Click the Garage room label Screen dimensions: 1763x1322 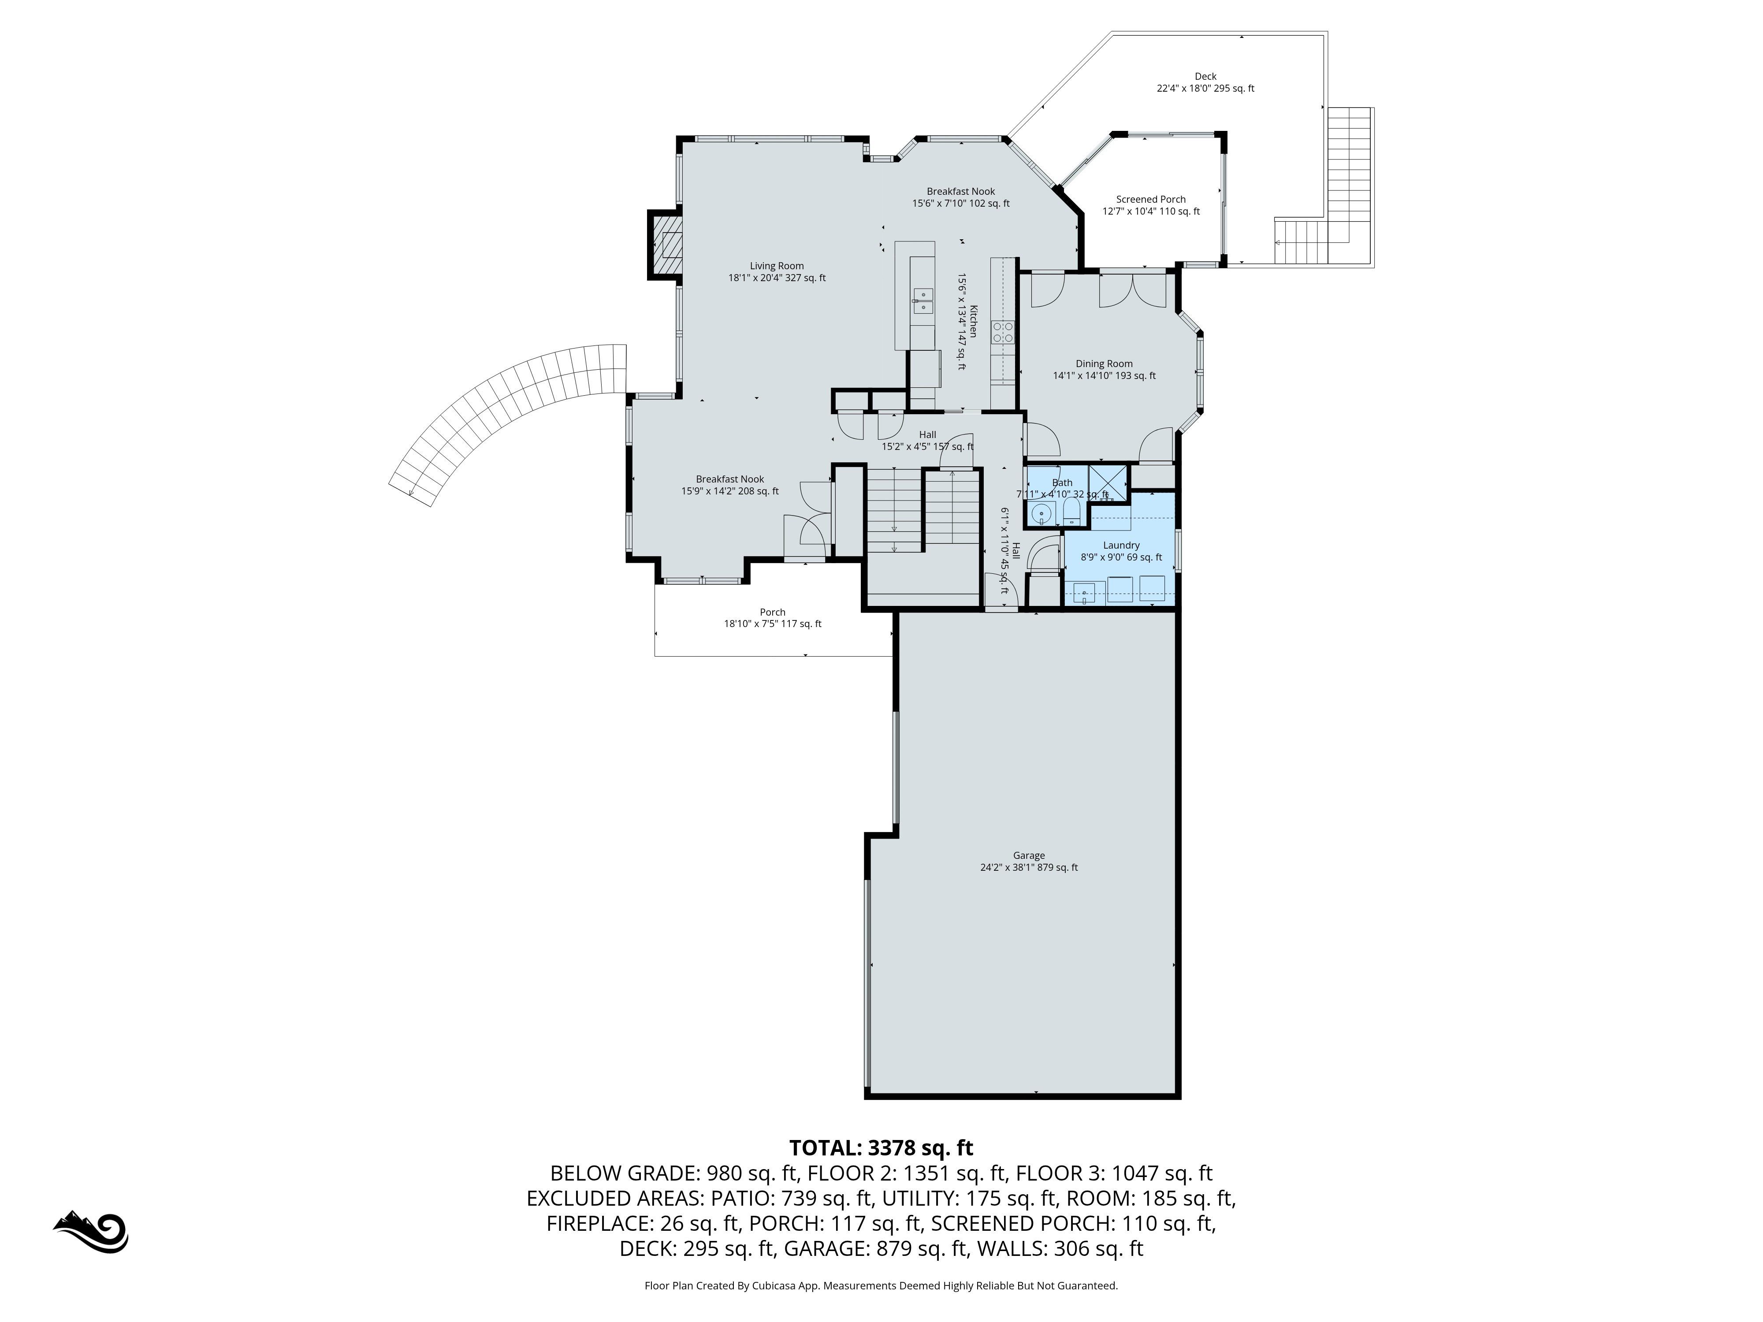click(x=1029, y=862)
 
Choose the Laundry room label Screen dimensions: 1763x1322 click(x=1121, y=551)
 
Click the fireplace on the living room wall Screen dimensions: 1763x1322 click(x=665, y=245)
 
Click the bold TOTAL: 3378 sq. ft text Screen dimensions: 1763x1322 click(x=881, y=1147)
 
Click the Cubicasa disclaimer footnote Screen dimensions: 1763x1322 click(x=881, y=1285)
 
